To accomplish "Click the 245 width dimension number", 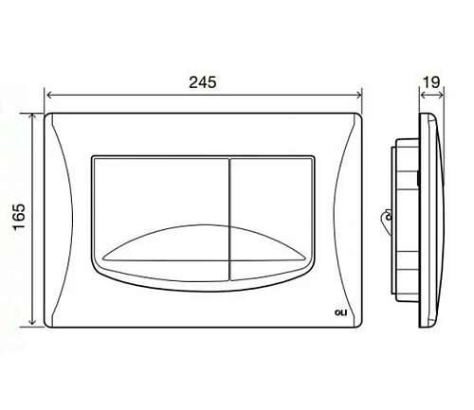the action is click(x=203, y=82).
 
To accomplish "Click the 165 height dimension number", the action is click(x=19, y=217).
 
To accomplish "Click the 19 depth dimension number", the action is click(x=431, y=82).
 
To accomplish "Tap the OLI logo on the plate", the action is click(x=340, y=312).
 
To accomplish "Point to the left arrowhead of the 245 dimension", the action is click(x=49, y=95).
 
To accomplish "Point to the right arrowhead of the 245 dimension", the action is click(x=358, y=95).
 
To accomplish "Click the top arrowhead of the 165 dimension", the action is click(x=31, y=117).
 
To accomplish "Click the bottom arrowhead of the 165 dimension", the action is click(x=31, y=321).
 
